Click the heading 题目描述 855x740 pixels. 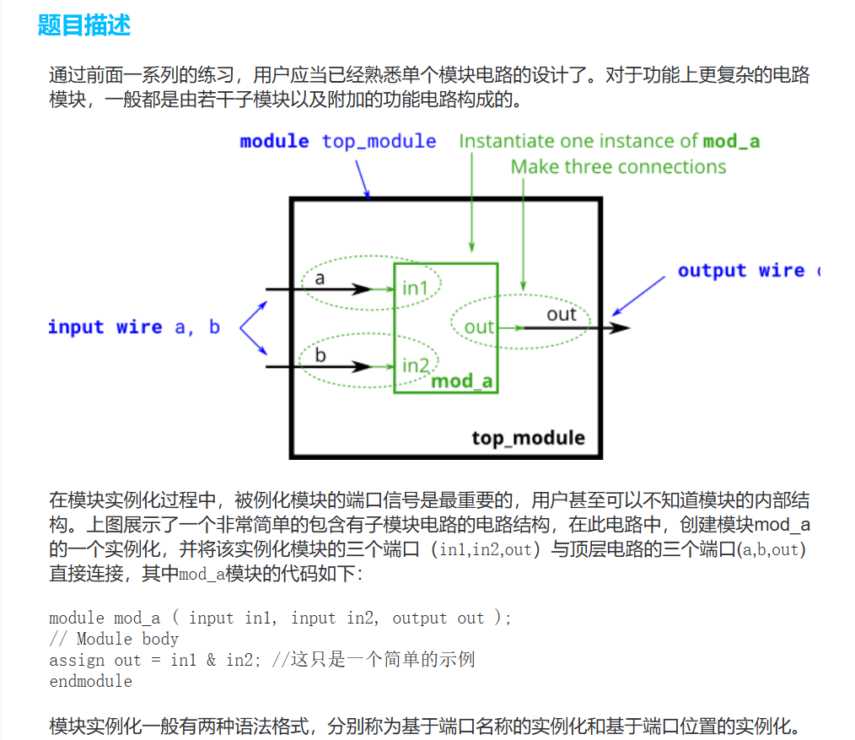84,25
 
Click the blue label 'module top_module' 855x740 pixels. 337,141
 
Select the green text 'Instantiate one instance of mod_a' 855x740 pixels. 609,141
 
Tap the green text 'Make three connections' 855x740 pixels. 618,167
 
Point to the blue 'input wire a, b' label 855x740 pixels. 133,327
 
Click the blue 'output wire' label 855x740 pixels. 741,271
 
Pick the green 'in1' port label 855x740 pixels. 415,289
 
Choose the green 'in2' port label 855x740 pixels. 416,365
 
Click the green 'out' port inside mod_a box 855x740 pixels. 479,327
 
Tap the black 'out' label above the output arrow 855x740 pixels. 561,315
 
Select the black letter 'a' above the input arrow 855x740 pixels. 320,277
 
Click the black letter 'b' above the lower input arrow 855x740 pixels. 320,355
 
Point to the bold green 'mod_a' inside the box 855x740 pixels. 461,381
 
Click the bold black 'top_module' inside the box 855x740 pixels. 528,438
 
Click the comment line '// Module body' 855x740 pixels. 114,639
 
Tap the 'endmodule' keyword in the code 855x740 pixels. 90,680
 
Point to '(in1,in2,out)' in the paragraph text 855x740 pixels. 485,550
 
